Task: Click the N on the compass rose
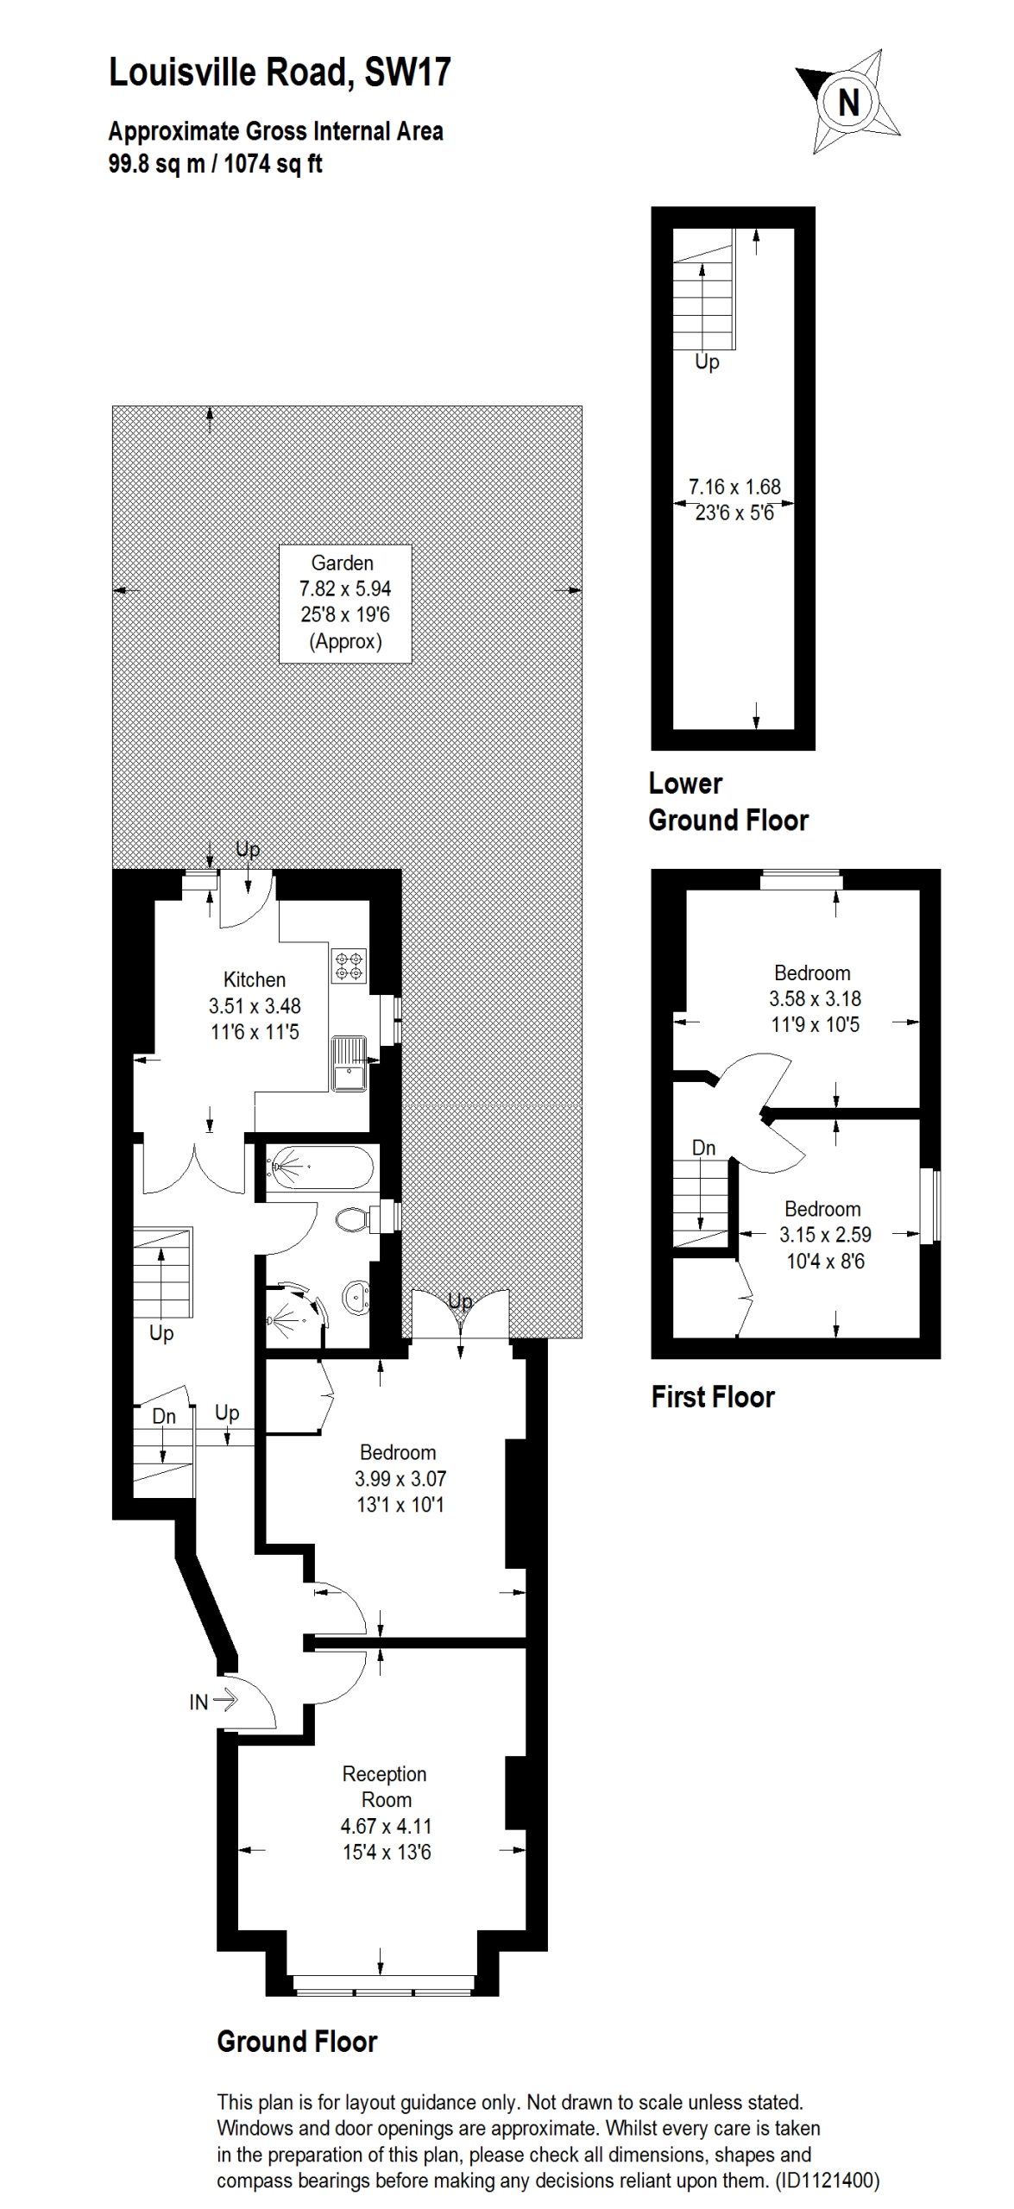click(x=849, y=103)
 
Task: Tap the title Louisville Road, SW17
click(x=279, y=72)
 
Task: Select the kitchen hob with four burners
click(x=349, y=965)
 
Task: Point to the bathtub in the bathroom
click(x=319, y=1168)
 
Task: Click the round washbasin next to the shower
click(x=356, y=1295)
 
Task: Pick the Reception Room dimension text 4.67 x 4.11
click(x=386, y=1826)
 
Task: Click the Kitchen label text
click(x=254, y=979)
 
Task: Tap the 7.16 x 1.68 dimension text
click(x=734, y=487)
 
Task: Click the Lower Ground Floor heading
click(x=727, y=802)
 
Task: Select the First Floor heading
click(x=713, y=1396)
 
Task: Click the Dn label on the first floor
click(x=703, y=1148)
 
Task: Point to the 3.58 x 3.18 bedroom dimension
click(x=815, y=998)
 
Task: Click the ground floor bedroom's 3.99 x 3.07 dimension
click(x=400, y=1478)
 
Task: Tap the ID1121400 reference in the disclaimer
click(x=826, y=2181)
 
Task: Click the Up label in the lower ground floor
click(x=707, y=362)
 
